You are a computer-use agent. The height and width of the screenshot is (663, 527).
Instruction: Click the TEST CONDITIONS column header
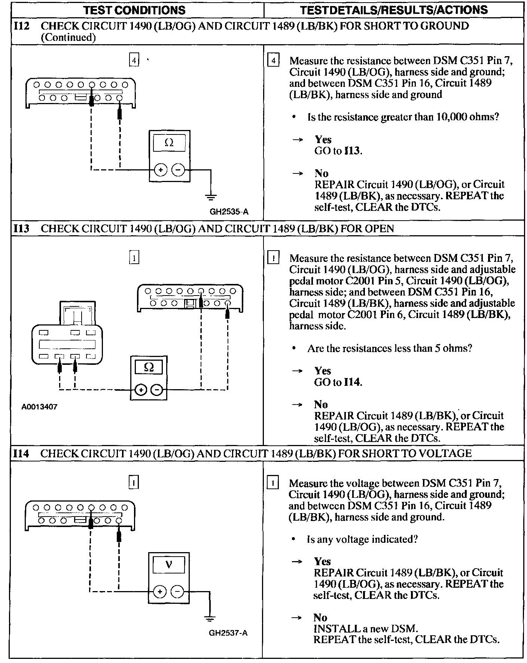coord(134,10)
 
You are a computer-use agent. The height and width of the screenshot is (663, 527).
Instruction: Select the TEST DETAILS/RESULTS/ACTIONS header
coord(394,10)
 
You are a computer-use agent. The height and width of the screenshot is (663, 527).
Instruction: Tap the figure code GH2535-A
coord(229,212)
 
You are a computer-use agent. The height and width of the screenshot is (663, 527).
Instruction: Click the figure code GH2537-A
coord(228,633)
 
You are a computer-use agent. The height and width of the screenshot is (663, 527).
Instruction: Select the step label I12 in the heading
coord(21,26)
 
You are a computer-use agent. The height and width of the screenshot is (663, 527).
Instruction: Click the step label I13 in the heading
coord(21,228)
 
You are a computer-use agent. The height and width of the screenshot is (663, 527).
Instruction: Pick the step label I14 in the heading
coord(21,454)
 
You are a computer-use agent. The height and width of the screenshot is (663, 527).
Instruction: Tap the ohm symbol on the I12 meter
coord(169,143)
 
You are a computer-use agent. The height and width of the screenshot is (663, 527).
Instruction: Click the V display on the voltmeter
coord(168,564)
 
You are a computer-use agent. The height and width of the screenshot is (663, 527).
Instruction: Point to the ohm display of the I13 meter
coord(149,367)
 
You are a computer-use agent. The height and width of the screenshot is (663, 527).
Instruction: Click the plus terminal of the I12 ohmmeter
coord(161,170)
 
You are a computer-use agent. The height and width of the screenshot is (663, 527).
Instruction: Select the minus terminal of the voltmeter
coord(177,592)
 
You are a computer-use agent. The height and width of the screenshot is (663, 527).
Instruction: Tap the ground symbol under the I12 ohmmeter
coord(211,196)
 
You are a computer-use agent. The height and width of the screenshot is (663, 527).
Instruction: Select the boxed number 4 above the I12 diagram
coord(134,60)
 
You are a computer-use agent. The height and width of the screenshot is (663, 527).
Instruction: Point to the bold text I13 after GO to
coord(352,151)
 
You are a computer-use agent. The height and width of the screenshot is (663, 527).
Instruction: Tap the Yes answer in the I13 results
coord(323,371)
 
